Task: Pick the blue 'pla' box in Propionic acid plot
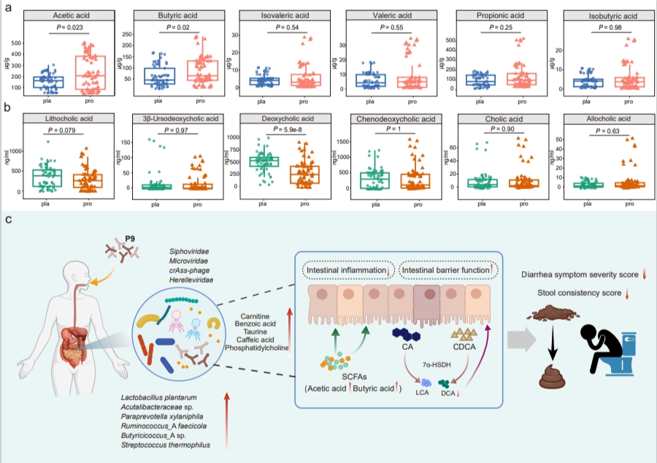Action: click(x=480, y=80)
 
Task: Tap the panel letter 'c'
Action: click(x=7, y=218)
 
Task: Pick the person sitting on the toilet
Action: click(x=604, y=340)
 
